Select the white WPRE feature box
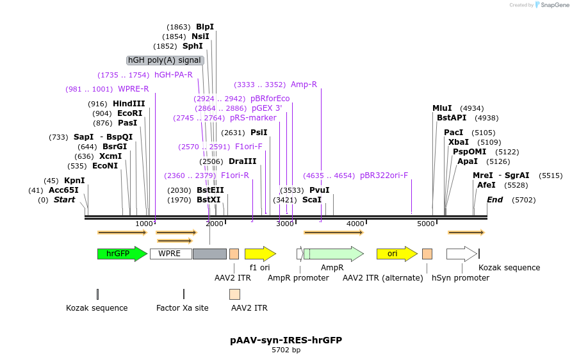pos(170,254)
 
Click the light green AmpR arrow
pos(333,254)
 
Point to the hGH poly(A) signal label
pos(165,60)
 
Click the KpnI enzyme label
pos(74,181)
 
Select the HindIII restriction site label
pos(129,104)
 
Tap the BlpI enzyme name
pos(205,27)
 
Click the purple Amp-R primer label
pos(304,85)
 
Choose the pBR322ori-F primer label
pos(384,175)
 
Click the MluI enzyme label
pos(442,108)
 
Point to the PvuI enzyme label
pos(319,190)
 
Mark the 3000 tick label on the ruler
pos(284,224)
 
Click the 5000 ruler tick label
pos(426,224)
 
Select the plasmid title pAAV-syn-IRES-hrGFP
pos(286,340)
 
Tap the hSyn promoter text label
pos(461,278)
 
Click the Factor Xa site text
pos(183,308)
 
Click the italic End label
pos(494,200)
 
